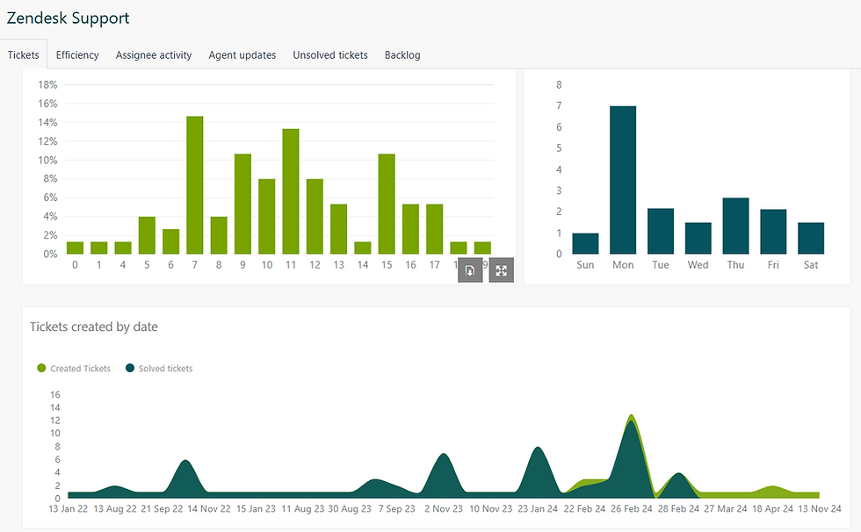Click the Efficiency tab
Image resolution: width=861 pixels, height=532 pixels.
pyautogui.click(x=77, y=54)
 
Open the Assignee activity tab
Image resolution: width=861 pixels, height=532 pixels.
pyautogui.click(x=154, y=54)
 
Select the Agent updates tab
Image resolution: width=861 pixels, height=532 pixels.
pyautogui.click(x=242, y=54)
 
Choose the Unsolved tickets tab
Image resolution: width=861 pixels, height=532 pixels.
pyautogui.click(x=330, y=54)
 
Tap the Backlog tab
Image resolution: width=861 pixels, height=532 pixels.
pyautogui.click(x=402, y=54)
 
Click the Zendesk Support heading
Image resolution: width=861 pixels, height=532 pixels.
pyautogui.click(x=68, y=18)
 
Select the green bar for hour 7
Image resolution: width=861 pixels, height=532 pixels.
pyautogui.click(x=195, y=184)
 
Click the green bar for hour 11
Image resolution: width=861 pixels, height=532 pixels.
pyautogui.click(x=291, y=191)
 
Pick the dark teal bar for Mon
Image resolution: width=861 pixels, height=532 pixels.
pyautogui.click(x=623, y=180)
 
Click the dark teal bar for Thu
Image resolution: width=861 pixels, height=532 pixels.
pyautogui.click(x=735, y=226)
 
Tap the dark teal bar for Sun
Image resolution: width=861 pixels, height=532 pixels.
pyautogui.click(x=585, y=243)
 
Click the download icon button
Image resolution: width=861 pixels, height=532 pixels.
pyautogui.click(x=470, y=270)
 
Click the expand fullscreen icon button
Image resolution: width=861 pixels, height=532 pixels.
pyautogui.click(x=501, y=270)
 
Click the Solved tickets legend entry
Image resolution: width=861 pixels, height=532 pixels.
pyautogui.click(x=159, y=369)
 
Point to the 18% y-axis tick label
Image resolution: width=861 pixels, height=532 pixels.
pyautogui.click(x=47, y=85)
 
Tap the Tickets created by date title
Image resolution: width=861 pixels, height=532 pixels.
pyautogui.click(x=94, y=327)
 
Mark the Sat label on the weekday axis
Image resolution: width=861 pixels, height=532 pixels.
pyautogui.click(x=810, y=264)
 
